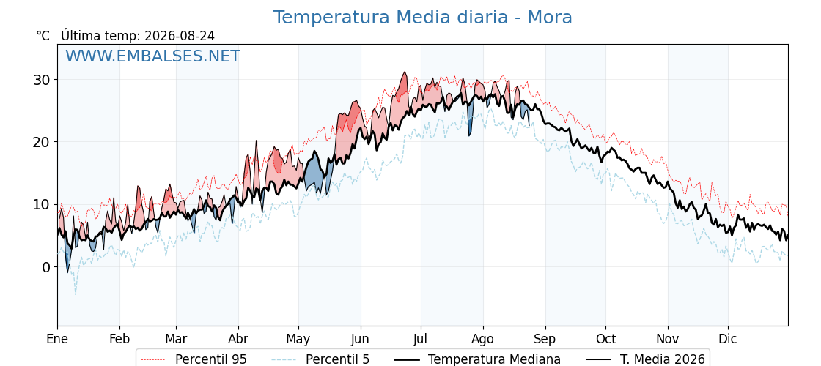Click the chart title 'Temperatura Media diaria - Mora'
tap(422, 18)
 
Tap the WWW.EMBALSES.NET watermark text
tap(153, 56)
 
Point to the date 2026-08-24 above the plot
tap(180, 36)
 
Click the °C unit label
tap(43, 36)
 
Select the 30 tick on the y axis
tap(43, 80)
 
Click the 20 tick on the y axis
tap(43, 142)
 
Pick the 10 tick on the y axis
tap(43, 204)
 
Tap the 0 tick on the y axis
tap(47, 267)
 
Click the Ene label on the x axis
tap(58, 339)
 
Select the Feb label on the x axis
tap(120, 339)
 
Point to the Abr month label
tap(238, 339)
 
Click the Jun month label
tap(360, 339)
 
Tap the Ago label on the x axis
tap(482, 340)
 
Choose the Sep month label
tap(545, 340)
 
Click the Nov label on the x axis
tap(668, 339)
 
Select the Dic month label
tap(728, 339)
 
